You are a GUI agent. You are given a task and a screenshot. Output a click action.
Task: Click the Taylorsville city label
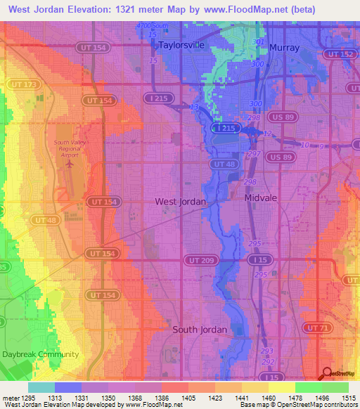tap(181, 44)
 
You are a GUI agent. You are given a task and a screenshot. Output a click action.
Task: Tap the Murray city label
tap(284, 48)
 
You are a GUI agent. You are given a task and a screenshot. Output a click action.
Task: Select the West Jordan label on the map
tap(181, 202)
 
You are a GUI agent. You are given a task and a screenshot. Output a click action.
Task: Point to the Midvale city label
tap(262, 199)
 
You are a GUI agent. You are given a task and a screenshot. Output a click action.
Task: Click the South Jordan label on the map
tap(200, 330)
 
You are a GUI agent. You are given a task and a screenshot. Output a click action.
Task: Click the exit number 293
tap(266, 351)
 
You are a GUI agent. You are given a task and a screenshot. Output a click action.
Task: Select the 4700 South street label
tap(153, 26)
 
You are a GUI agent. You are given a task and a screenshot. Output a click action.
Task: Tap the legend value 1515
tap(349, 398)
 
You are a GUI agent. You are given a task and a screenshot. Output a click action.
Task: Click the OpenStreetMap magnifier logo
tap(327, 374)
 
